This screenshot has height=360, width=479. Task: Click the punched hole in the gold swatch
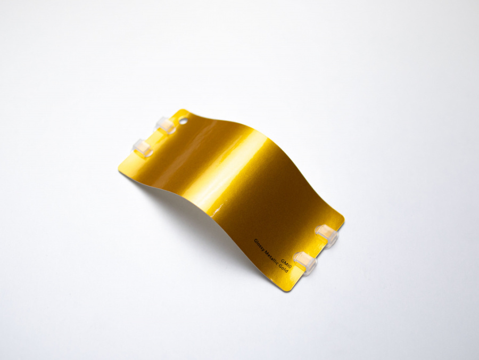click(x=183, y=120)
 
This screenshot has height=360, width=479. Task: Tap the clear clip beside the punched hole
click(x=166, y=126)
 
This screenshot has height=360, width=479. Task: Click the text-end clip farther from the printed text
click(x=326, y=235)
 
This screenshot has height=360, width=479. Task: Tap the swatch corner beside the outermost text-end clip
click(x=342, y=219)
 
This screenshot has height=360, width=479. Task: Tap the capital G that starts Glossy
click(x=255, y=241)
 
